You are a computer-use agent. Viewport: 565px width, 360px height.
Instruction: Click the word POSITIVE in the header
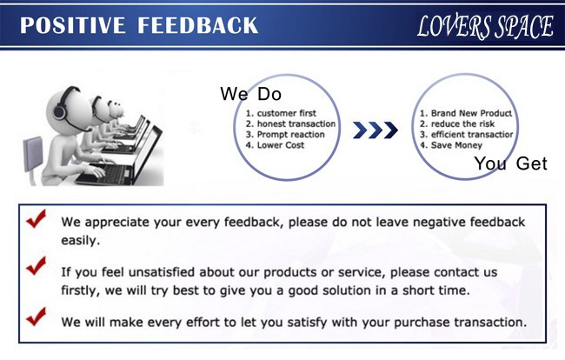coord(72,25)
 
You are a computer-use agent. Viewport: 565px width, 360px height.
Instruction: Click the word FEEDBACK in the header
coord(198,25)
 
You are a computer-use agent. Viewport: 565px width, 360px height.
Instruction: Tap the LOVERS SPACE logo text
coord(485,27)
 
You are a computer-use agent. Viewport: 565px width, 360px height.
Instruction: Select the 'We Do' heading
coord(251,94)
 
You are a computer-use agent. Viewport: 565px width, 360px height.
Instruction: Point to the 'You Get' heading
coord(510,163)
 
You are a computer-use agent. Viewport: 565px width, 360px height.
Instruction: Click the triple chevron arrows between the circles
coord(376,130)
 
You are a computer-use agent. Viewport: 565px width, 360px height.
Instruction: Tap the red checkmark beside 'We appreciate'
coord(37,218)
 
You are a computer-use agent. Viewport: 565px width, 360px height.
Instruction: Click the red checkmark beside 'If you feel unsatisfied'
coord(37,265)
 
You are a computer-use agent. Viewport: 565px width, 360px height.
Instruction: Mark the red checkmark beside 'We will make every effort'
coord(37,317)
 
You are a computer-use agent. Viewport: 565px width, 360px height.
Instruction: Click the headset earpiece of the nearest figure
coord(59,111)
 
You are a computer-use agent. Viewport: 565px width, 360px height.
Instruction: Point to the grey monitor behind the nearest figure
coord(33,154)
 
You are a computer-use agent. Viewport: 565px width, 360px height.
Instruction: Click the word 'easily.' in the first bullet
coord(80,240)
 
